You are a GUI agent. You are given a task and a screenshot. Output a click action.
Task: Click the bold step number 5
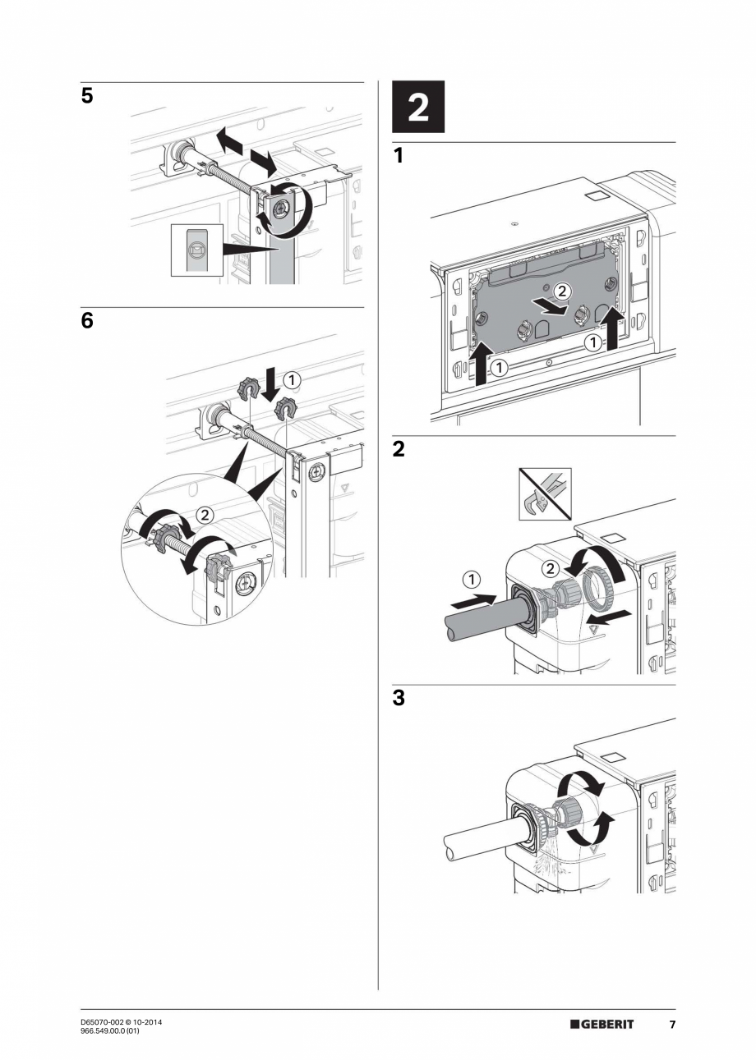pos(87,97)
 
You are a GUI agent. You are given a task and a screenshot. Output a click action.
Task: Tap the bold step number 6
pos(87,321)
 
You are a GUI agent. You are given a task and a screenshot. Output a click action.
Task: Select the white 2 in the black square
pos(417,108)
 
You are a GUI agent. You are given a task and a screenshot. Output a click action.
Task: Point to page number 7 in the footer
pos(671,1025)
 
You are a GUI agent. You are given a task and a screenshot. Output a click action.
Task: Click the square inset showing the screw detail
pos(196,249)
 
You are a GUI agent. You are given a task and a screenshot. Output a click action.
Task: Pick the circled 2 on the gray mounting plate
pos(561,291)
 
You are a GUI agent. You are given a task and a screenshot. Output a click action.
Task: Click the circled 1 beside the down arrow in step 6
pos(292,379)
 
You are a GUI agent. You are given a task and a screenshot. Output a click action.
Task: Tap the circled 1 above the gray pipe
pos(472,580)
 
